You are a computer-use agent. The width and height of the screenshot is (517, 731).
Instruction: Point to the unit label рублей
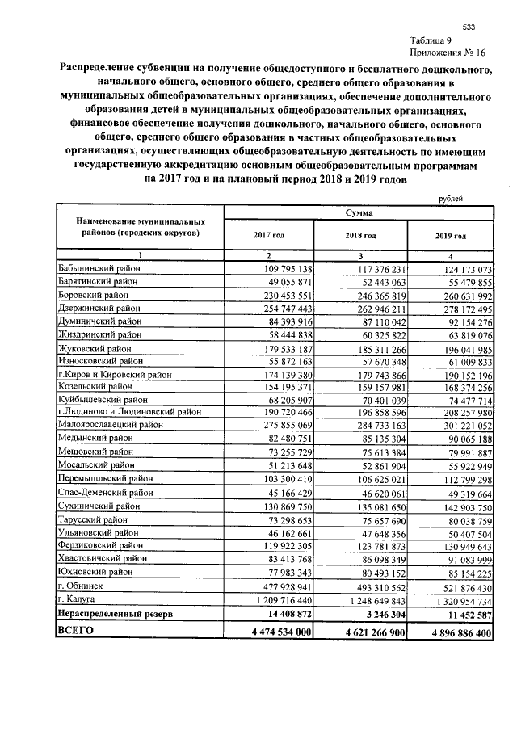(x=450, y=198)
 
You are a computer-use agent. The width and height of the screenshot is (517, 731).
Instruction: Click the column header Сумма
(x=357, y=213)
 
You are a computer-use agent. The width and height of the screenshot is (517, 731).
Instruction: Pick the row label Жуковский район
(x=93, y=349)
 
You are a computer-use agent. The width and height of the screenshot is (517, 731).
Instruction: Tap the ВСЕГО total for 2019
(x=450, y=632)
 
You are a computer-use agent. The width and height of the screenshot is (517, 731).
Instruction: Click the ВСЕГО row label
(x=75, y=631)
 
